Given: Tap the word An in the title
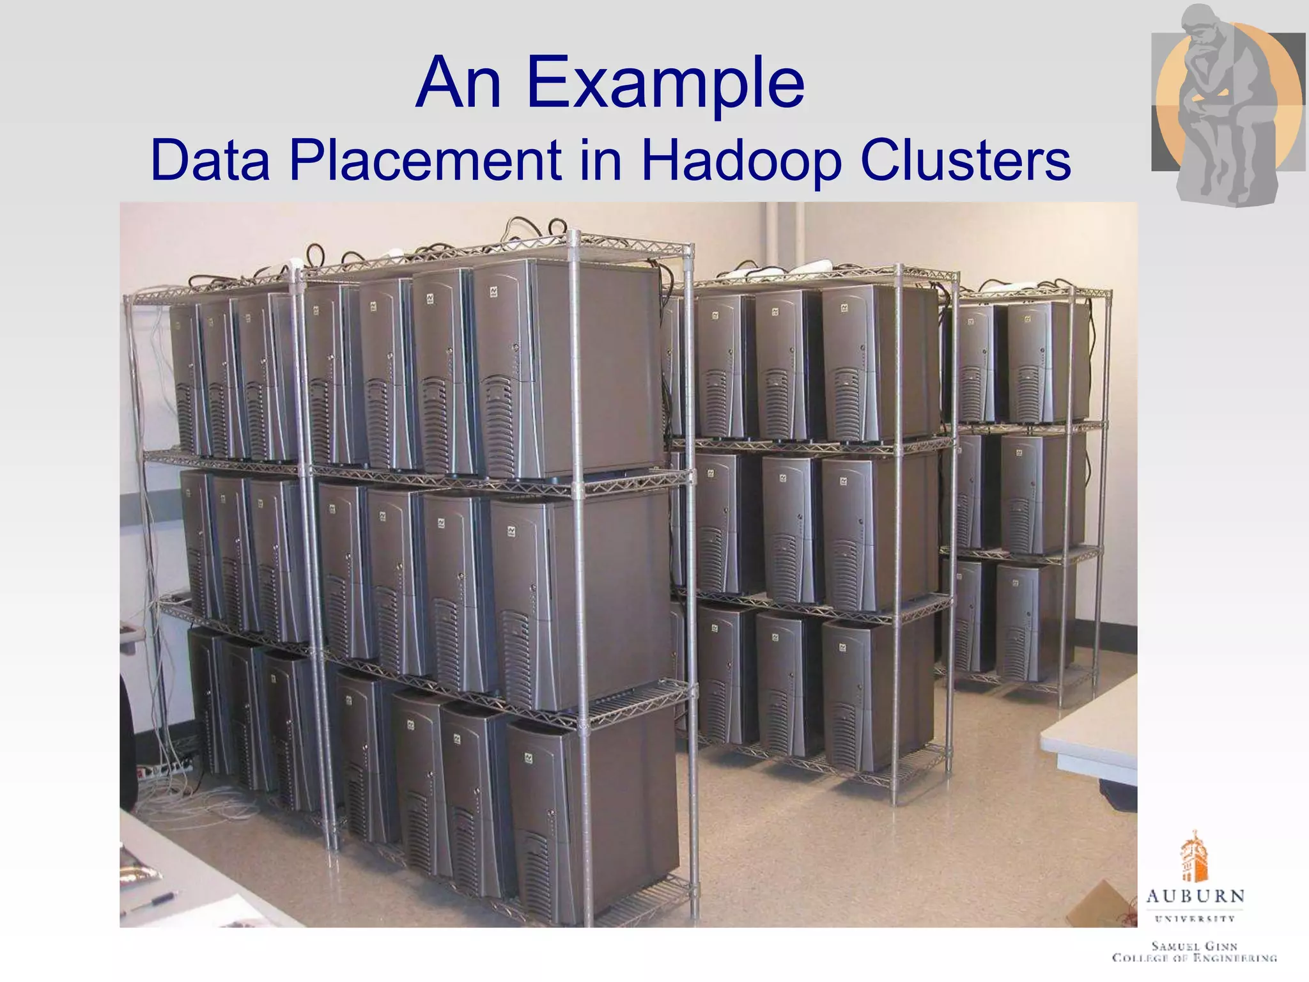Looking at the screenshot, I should point(458,83).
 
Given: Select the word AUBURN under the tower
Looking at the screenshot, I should point(1195,896).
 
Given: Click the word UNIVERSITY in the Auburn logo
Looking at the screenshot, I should point(1195,919).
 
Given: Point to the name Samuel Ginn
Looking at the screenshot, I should point(1195,946).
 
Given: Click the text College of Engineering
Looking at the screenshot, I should point(1195,958).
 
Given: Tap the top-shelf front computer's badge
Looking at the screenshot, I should point(494,292).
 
